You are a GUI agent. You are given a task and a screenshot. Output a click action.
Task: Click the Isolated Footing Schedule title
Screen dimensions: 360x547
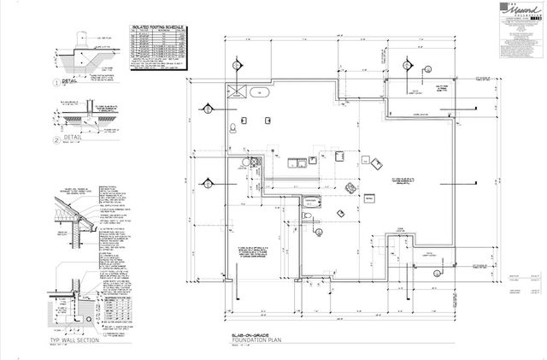pyautogui.click(x=159, y=28)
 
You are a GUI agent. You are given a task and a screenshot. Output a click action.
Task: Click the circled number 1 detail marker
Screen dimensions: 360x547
pyautogui.click(x=56, y=83)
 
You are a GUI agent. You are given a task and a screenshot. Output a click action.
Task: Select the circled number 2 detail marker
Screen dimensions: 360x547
pyautogui.click(x=56, y=139)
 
